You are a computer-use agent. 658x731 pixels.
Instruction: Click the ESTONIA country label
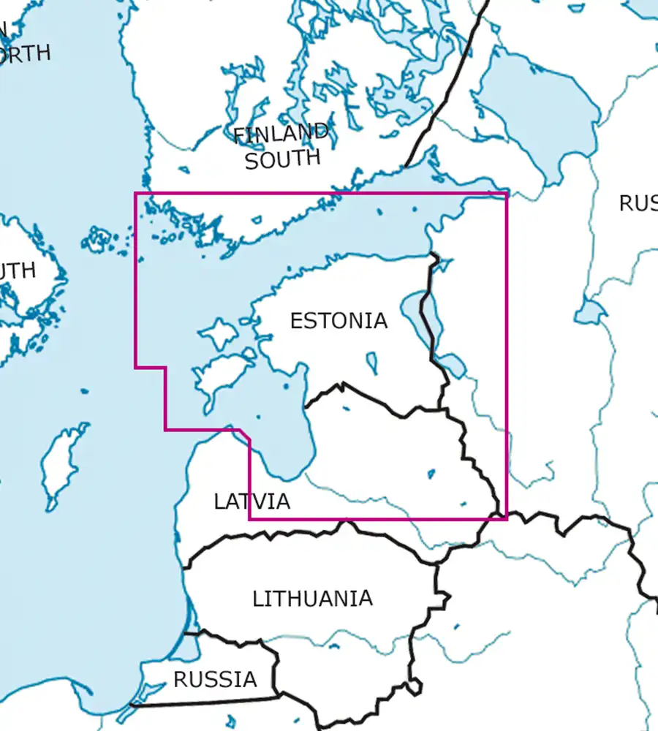(x=339, y=321)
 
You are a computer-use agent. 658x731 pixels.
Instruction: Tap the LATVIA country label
(x=252, y=501)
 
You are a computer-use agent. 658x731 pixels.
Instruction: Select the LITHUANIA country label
(x=312, y=599)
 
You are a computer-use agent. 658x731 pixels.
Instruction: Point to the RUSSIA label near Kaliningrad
(x=215, y=680)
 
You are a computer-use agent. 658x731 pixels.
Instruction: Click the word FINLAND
(x=281, y=135)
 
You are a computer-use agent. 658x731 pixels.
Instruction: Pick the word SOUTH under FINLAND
(x=282, y=159)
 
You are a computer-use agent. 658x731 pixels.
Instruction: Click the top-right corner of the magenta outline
(x=506, y=194)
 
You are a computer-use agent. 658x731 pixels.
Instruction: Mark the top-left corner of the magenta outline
(x=136, y=194)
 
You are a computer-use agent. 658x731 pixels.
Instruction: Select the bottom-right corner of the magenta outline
(x=506, y=519)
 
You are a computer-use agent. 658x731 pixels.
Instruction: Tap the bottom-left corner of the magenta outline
(x=250, y=519)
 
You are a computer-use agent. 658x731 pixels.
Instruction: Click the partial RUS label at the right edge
(x=638, y=203)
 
